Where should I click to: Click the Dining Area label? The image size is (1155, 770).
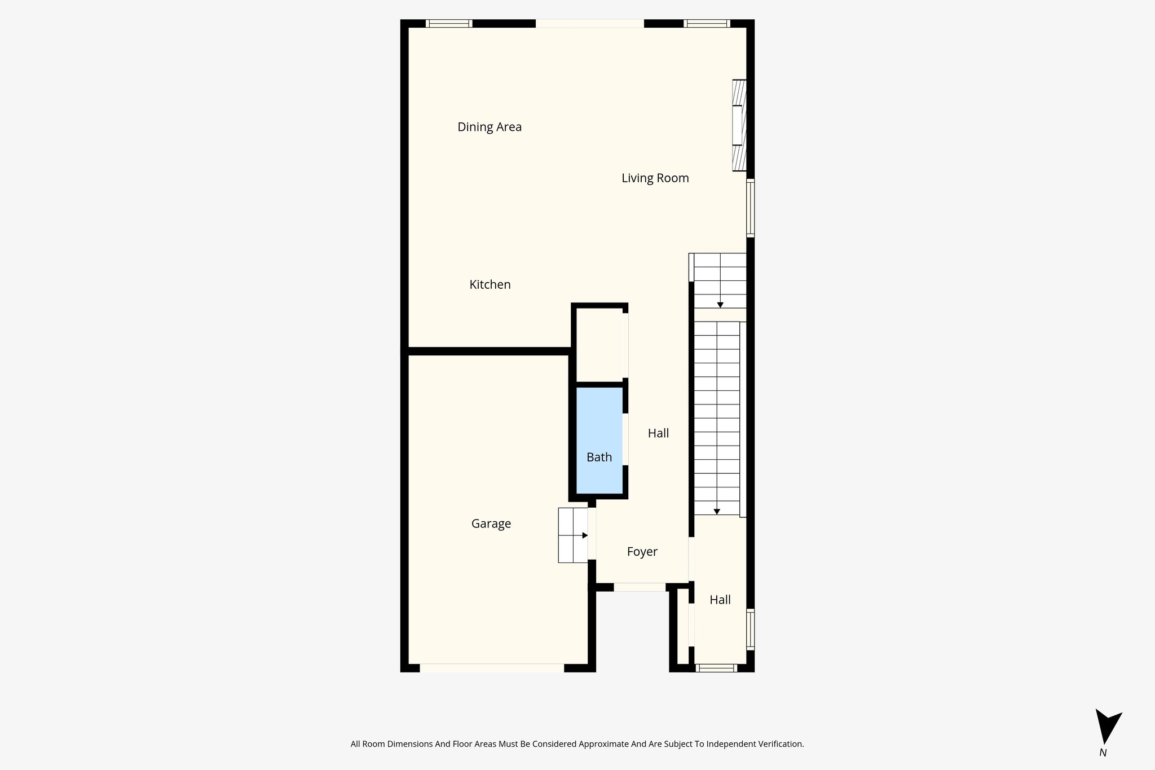coord(489,127)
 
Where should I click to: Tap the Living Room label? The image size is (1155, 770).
coord(655,178)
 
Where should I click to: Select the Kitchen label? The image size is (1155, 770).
coord(490,285)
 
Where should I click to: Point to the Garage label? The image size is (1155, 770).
coord(491,524)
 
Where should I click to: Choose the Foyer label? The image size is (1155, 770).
coord(642,552)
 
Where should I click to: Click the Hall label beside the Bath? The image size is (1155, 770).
coord(658,433)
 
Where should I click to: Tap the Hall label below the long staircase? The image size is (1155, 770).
coord(720,600)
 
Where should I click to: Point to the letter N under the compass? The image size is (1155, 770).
coord(1103,753)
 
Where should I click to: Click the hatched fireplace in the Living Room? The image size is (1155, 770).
coord(739,125)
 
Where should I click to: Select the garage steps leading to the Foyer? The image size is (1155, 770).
coord(572,535)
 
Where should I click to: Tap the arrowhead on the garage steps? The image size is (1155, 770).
coord(585,535)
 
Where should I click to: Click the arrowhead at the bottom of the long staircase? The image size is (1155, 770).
coord(717,512)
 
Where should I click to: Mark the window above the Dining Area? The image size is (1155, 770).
coord(449,24)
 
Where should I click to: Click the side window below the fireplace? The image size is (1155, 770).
coord(750,208)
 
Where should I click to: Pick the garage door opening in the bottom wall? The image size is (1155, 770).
coord(492,668)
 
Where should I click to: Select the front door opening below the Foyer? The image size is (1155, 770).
coord(640,587)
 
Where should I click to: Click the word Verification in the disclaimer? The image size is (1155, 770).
coord(779,744)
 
